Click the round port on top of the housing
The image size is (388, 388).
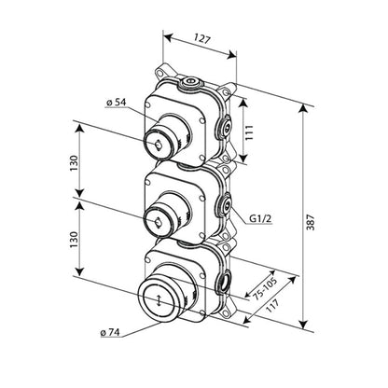(x=191, y=82)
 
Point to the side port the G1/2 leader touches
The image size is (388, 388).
(x=225, y=202)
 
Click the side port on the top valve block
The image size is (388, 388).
(x=225, y=125)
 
